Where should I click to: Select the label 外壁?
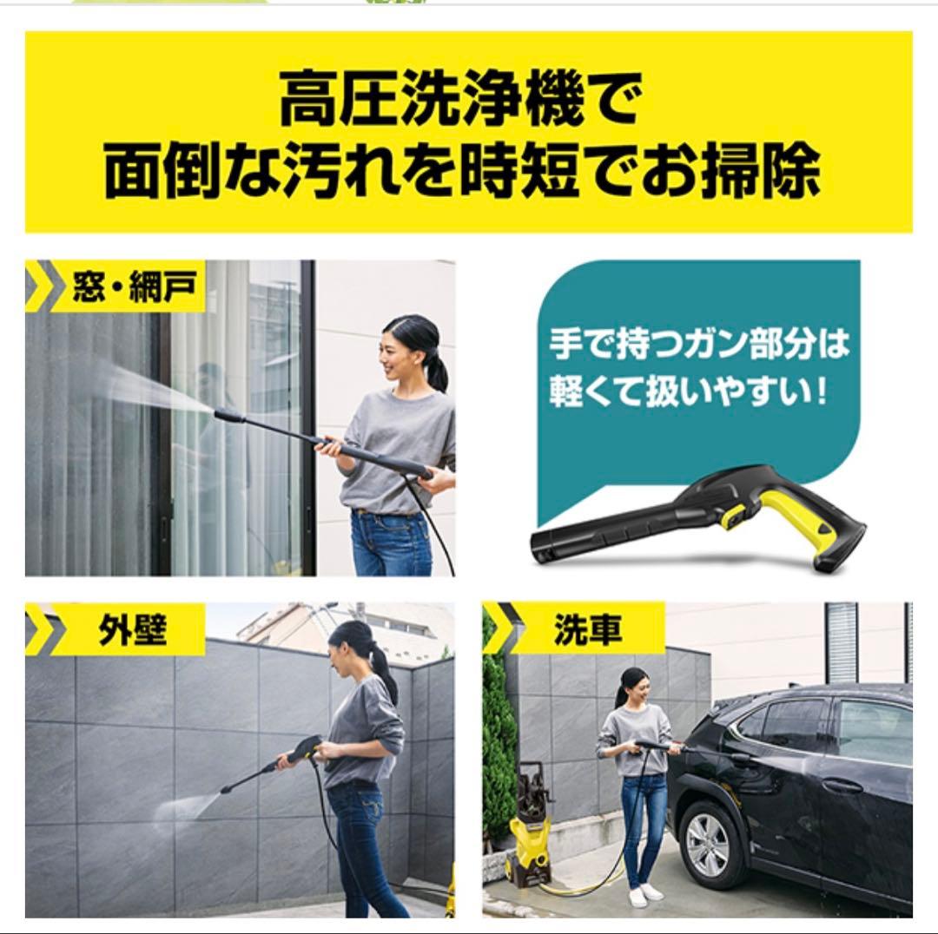(131, 630)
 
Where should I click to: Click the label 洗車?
(587, 630)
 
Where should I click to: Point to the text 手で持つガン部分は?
(698, 345)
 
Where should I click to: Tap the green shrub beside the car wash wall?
(498, 738)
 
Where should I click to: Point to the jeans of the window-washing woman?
(391, 543)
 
